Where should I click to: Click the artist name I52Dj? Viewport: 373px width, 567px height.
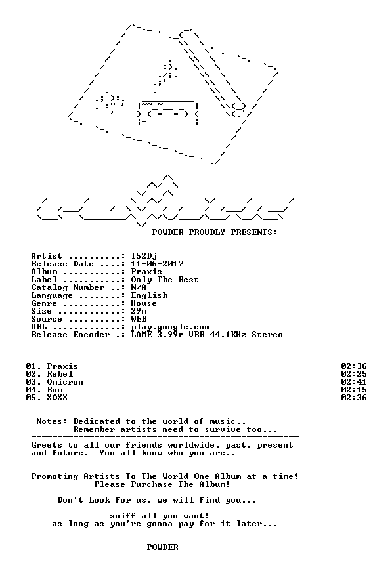[x=144, y=257]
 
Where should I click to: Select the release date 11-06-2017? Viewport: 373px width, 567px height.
[x=157, y=264]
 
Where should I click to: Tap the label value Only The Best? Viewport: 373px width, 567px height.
[x=165, y=280]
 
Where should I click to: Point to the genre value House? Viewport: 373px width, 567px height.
[x=144, y=303]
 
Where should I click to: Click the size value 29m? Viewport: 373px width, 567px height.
[x=139, y=311]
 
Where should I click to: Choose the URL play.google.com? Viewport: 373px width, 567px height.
[x=170, y=327]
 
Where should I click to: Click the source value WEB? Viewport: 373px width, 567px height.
[x=139, y=319]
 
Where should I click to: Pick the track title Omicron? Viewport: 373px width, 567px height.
[x=65, y=382]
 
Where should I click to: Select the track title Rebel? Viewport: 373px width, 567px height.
[x=60, y=374]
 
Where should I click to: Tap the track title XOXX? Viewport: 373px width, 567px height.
[x=57, y=398]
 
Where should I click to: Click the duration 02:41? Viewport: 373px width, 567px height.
[x=353, y=382]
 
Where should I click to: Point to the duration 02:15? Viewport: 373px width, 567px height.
[x=353, y=390]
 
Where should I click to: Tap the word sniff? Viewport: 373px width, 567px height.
[x=123, y=516]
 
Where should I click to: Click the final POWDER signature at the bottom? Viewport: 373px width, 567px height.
[x=162, y=547]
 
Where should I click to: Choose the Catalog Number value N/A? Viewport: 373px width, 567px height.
[x=139, y=287]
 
